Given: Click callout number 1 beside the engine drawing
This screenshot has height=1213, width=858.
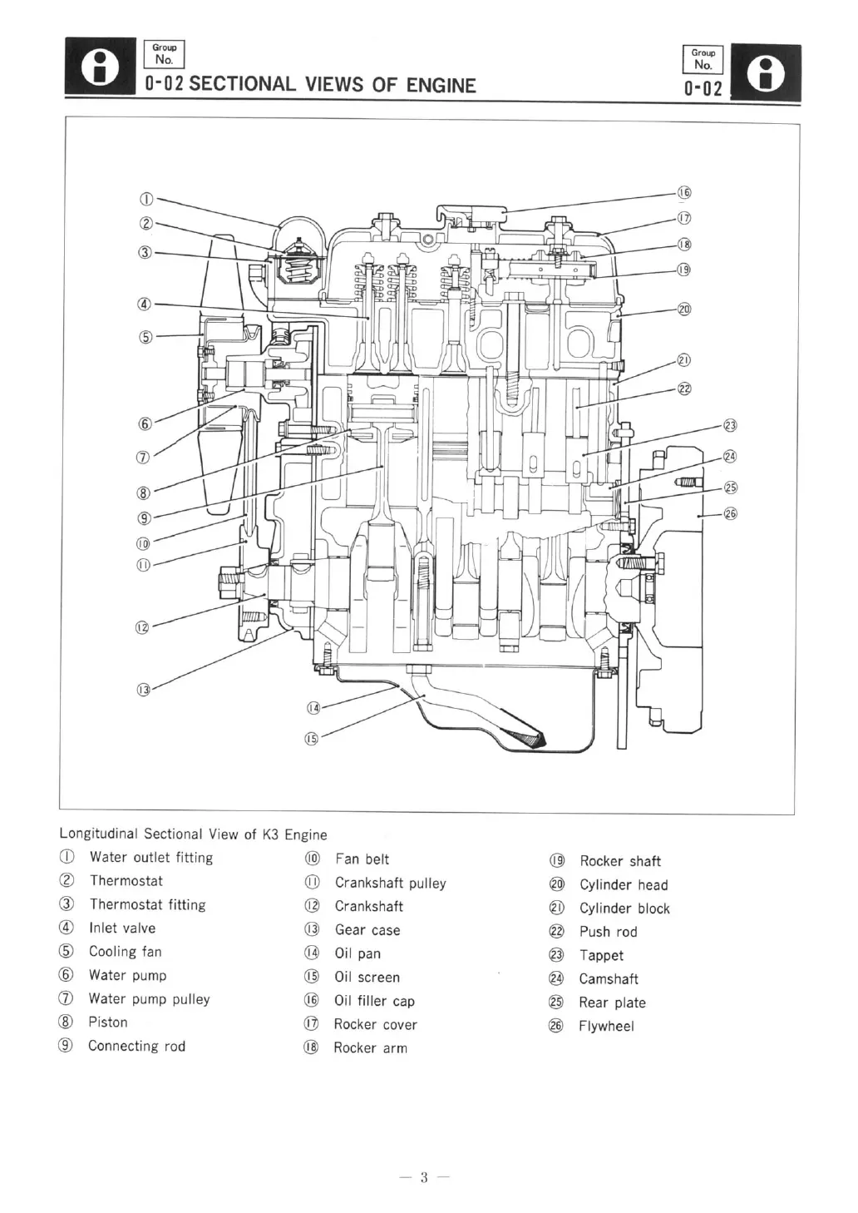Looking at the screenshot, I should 145,199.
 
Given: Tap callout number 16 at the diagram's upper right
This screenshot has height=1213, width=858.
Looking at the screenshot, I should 684,193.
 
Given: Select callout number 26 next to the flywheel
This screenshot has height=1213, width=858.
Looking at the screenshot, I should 731,513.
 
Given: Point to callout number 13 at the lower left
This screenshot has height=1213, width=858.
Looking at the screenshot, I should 144,689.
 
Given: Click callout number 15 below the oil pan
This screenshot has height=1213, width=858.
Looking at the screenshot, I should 311,738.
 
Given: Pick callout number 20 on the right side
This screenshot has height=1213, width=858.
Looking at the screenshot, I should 684,309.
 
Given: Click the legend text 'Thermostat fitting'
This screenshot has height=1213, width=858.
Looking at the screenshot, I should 147,904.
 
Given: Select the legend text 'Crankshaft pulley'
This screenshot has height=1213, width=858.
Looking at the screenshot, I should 390,883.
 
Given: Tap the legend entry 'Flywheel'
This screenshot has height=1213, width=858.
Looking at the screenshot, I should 606,1026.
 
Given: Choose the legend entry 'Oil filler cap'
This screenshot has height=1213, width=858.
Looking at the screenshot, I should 374,1001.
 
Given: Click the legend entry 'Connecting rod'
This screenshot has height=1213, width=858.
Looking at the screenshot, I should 136,1046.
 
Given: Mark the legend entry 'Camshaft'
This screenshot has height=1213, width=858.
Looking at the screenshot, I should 609,978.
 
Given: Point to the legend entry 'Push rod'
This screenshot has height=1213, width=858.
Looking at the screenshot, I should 608,932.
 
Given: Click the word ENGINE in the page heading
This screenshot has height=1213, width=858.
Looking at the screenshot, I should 441,85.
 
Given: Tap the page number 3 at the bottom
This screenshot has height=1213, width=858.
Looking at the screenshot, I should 423,1176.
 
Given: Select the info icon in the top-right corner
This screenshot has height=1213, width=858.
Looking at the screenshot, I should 766,72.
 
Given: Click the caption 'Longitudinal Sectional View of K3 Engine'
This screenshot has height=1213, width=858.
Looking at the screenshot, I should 193,834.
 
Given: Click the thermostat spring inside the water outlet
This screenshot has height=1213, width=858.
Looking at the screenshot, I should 297,265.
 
